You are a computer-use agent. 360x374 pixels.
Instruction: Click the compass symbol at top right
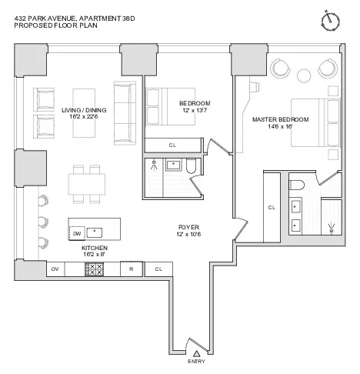click(332, 18)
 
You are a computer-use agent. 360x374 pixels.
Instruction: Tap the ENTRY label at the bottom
click(196, 362)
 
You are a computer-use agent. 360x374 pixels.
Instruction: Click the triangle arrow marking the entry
click(196, 352)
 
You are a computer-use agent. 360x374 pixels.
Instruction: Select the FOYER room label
click(188, 228)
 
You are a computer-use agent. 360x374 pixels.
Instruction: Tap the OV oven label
click(55, 269)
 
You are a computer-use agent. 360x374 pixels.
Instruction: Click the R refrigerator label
click(132, 269)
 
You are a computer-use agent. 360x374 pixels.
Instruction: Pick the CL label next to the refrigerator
click(158, 269)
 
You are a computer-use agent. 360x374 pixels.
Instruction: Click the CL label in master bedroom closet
click(272, 208)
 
